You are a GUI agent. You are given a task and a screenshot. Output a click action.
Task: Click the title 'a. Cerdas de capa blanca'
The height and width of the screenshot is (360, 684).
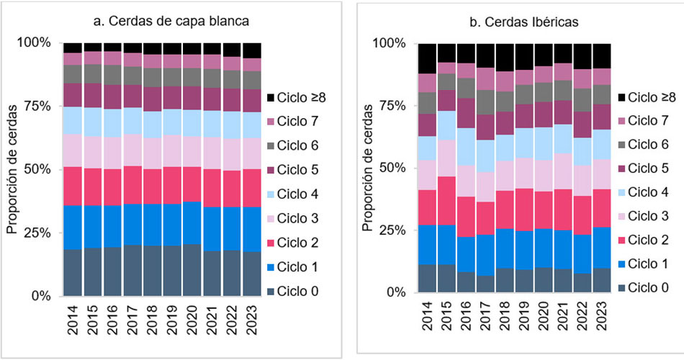coord(171,22)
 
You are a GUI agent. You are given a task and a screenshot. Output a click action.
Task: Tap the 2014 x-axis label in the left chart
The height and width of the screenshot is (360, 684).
coord(73,320)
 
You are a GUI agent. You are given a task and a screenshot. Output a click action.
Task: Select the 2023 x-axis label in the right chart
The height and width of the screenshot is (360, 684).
coord(602,316)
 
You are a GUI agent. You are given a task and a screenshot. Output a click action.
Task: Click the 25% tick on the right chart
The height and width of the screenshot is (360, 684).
coord(394,230)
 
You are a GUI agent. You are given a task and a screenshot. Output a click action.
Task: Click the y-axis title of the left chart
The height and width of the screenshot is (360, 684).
coord(12,168)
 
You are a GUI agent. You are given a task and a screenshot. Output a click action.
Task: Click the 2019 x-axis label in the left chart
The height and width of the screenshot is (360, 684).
coord(172,320)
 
